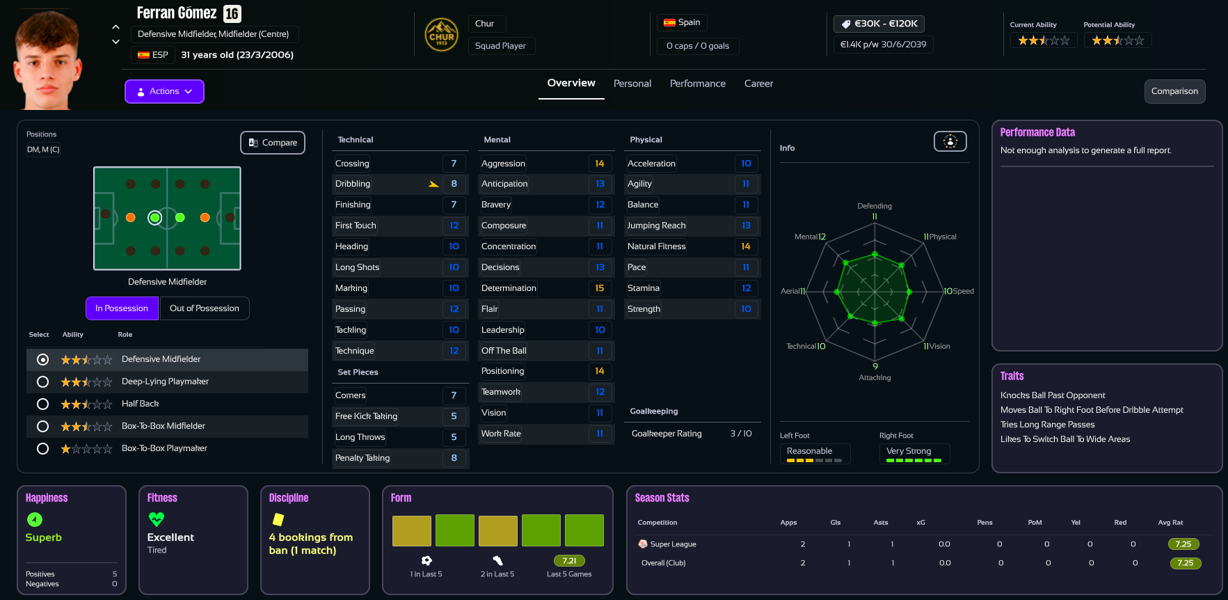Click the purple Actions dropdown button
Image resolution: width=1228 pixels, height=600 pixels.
(164, 91)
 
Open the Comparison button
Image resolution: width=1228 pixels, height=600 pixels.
(1174, 91)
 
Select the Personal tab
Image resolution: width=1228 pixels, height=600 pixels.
(632, 84)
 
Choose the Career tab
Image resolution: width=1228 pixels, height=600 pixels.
(758, 84)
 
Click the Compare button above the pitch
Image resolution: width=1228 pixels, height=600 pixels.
(273, 143)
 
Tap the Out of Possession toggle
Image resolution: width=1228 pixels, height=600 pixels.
(205, 308)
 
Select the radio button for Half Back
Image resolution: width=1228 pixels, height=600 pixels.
(42, 404)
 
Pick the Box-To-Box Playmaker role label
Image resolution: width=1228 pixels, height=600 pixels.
(164, 448)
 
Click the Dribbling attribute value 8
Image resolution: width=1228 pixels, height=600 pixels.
(454, 184)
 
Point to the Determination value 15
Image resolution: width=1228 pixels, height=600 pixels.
(600, 288)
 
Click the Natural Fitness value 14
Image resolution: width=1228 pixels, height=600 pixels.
(746, 246)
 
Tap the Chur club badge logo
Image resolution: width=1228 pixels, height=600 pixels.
(441, 35)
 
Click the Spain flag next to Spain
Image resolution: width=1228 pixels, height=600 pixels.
(669, 22)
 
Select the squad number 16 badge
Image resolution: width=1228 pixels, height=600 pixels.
(232, 13)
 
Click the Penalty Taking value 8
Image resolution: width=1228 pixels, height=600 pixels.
(454, 458)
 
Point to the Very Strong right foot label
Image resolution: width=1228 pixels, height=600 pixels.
(909, 451)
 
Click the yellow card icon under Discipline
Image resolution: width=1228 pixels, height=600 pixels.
(278, 519)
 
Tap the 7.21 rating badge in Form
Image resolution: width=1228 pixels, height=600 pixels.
(569, 561)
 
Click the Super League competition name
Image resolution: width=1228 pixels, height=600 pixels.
(673, 544)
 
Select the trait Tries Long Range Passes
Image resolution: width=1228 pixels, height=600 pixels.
(1047, 425)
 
